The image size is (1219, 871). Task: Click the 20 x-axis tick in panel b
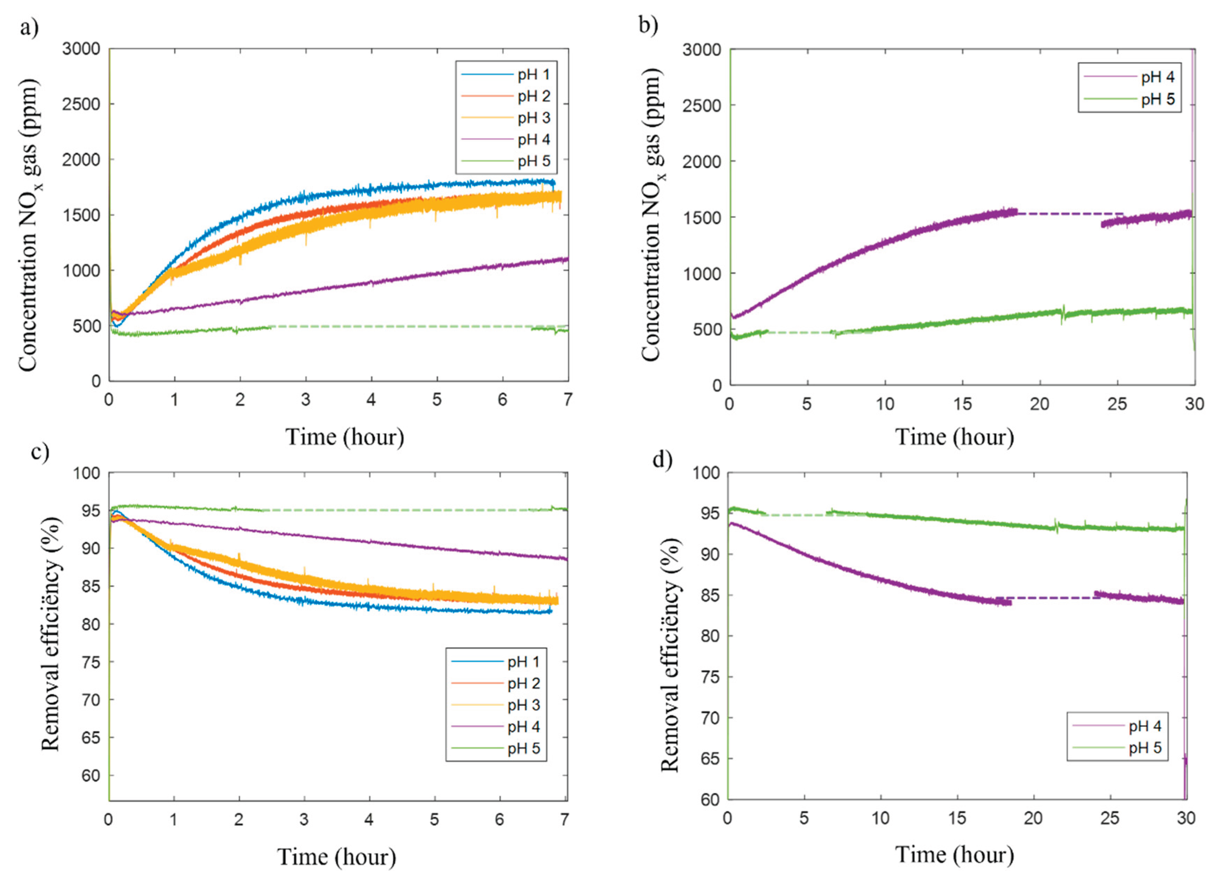[1039, 404]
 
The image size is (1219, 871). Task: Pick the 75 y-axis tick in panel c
[90, 662]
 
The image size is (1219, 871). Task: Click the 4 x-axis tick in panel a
[371, 399]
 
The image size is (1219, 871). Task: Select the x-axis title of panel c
[336, 856]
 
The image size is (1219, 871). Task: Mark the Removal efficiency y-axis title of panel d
[670, 654]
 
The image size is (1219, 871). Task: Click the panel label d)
[662, 460]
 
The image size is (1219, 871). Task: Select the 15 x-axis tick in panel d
[957, 818]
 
